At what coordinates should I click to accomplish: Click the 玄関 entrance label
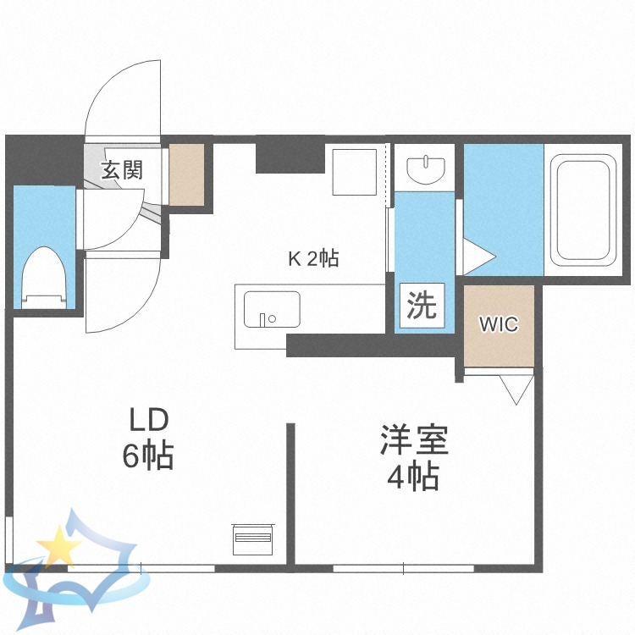point(122,169)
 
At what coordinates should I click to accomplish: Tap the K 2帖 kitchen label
point(313,259)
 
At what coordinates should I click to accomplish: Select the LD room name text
point(149,420)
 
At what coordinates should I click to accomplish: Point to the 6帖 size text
point(148,457)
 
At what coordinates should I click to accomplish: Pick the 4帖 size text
point(413,479)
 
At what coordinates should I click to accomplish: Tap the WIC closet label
point(498,324)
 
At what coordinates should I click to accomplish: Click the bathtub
point(583,209)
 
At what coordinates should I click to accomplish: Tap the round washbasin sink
point(425,169)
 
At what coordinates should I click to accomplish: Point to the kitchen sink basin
point(271,309)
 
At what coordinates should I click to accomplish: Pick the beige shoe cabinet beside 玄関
point(187,174)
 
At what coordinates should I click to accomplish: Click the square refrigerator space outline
point(354,171)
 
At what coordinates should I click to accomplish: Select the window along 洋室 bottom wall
point(403,568)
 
